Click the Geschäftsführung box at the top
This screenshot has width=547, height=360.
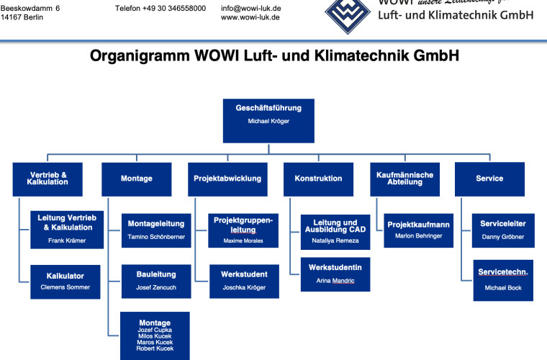[x=268, y=119]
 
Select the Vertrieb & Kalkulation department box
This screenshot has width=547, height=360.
[x=48, y=179]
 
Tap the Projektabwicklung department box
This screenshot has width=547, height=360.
[x=227, y=179]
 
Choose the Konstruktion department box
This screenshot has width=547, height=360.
[x=318, y=179]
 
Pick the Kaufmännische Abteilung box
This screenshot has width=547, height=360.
[x=404, y=179]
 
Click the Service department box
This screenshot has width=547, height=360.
[x=489, y=179]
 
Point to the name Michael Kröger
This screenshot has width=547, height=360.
[x=268, y=122]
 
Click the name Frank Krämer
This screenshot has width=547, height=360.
[x=65, y=240]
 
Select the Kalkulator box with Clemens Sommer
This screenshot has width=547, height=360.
[x=65, y=282]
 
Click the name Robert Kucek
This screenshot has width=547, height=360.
[x=155, y=348]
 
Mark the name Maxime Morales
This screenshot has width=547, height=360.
[x=243, y=240]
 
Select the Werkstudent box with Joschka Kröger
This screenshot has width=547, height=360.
[x=243, y=281]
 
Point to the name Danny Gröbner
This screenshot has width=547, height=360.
[x=502, y=237]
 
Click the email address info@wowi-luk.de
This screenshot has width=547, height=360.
[x=250, y=9]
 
